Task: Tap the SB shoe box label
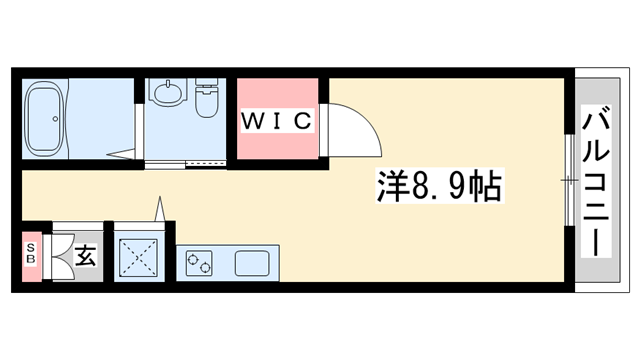click(31, 255)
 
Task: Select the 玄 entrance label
click(85, 256)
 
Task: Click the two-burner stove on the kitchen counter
click(198, 265)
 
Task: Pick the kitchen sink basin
click(251, 265)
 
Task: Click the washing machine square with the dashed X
click(140, 256)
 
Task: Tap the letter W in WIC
click(252, 121)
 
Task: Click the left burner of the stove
click(192, 265)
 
